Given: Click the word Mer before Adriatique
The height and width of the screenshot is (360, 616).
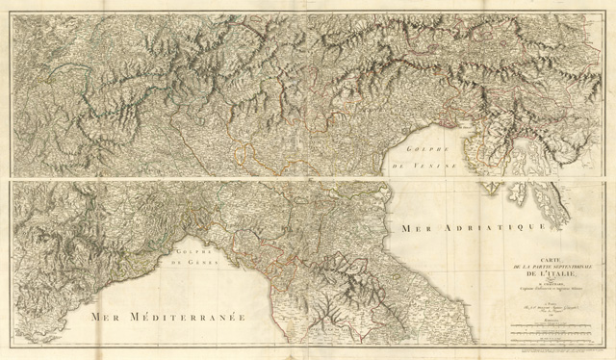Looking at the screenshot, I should coord(408,229).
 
